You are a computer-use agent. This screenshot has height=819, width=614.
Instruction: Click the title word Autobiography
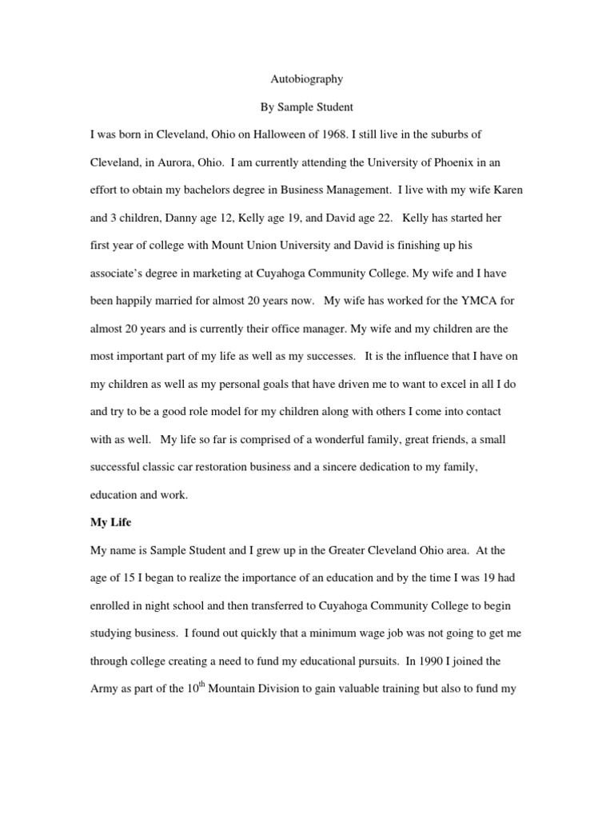click(x=307, y=79)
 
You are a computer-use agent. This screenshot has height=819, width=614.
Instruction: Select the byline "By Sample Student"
click(x=307, y=106)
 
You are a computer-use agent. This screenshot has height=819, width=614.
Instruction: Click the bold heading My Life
click(x=110, y=523)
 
